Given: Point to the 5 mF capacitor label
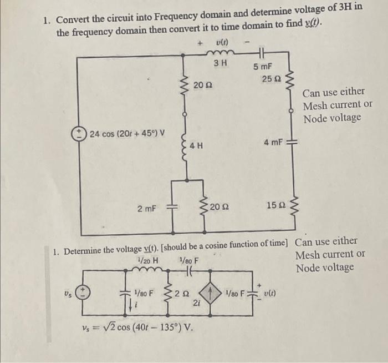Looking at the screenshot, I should tap(263, 67).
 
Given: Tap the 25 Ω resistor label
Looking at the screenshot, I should tap(272, 79).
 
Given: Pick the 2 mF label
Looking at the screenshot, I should tap(147, 208).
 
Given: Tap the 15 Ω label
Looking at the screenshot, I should tap(275, 206).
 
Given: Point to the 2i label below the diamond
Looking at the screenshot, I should tap(196, 303).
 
